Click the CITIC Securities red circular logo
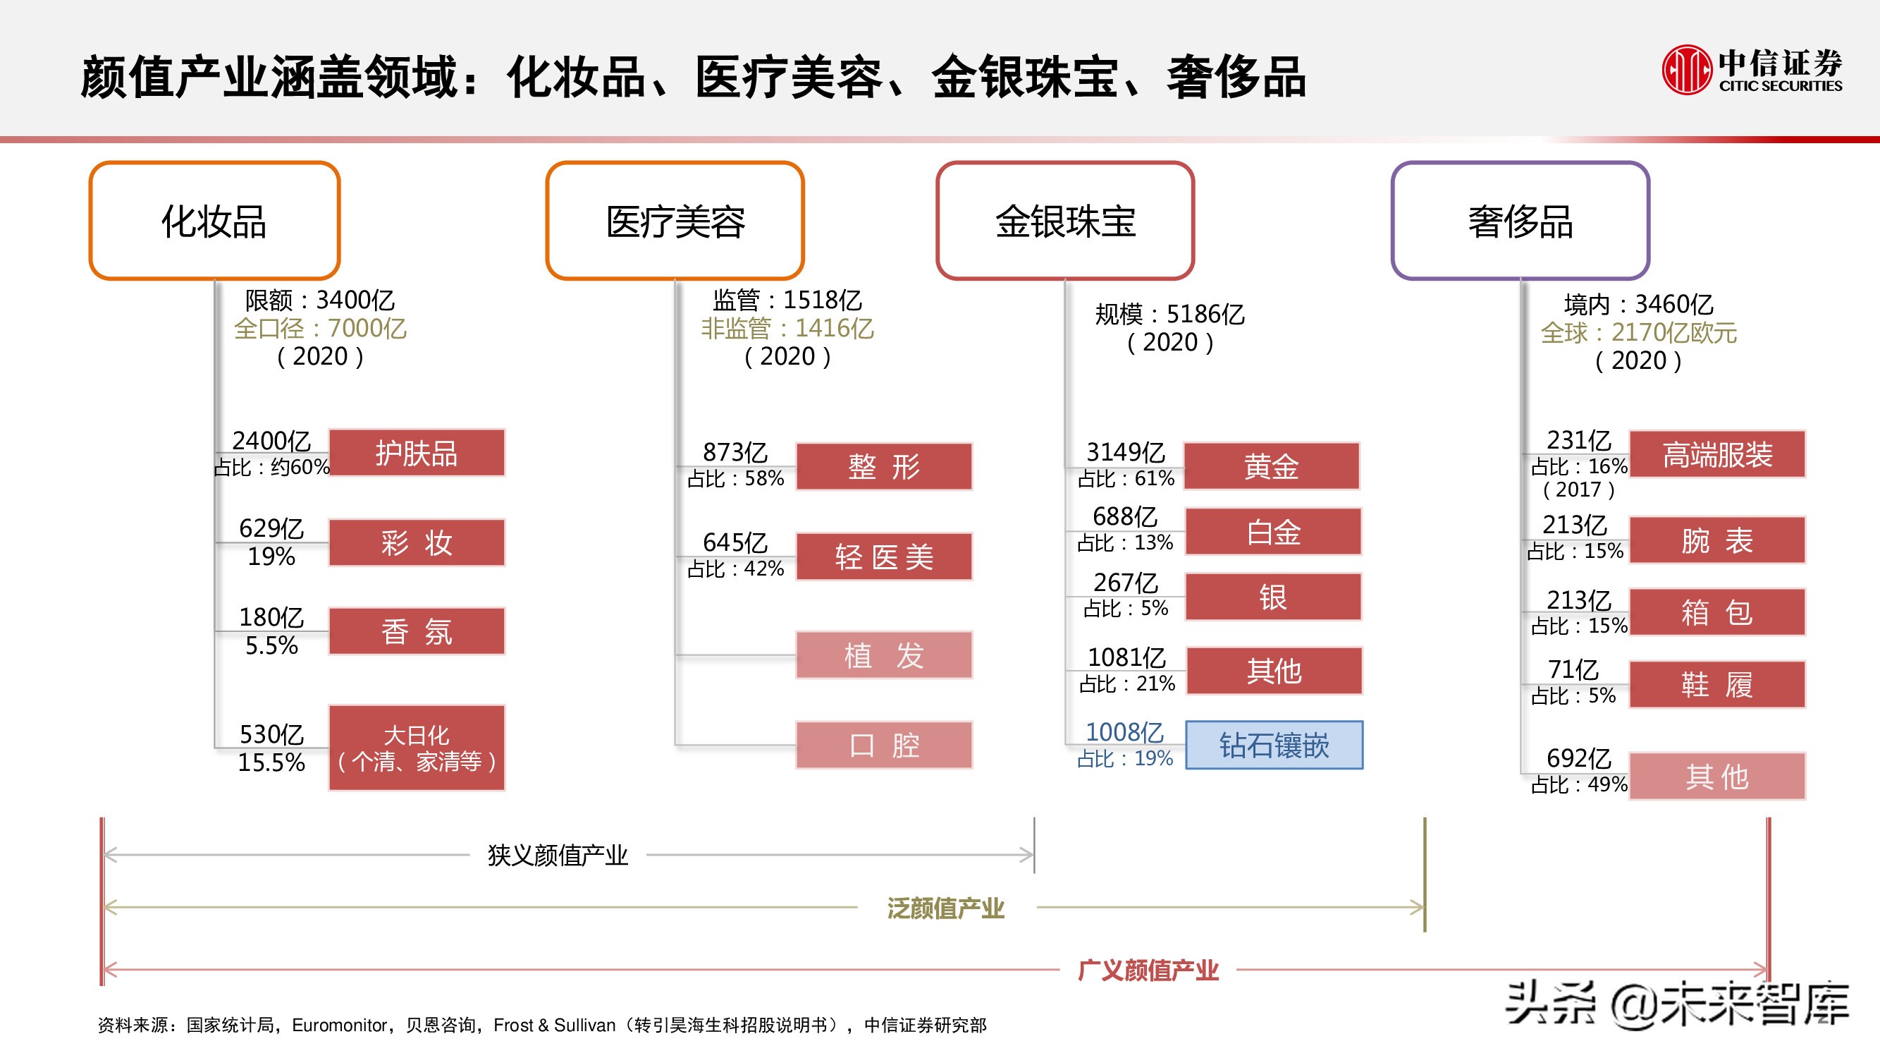tap(1687, 70)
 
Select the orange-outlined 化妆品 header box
tap(214, 221)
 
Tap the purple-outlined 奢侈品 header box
tap(1520, 221)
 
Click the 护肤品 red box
tap(417, 454)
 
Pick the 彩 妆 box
tap(417, 542)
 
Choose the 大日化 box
tap(417, 748)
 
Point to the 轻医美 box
tap(884, 557)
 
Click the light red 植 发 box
tap(884, 655)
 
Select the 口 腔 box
tap(884, 745)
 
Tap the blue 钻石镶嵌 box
tap(1274, 745)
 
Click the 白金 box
tap(1274, 532)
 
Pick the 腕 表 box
tap(1716, 540)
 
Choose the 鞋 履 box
tap(1716, 684)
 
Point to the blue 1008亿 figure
tap(1124, 731)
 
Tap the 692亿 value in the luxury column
tap(1578, 758)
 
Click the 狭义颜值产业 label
tap(558, 855)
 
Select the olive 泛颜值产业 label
tap(946, 908)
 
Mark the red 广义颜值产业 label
tap(1148, 971)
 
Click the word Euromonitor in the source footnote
tap(338, 1025)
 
